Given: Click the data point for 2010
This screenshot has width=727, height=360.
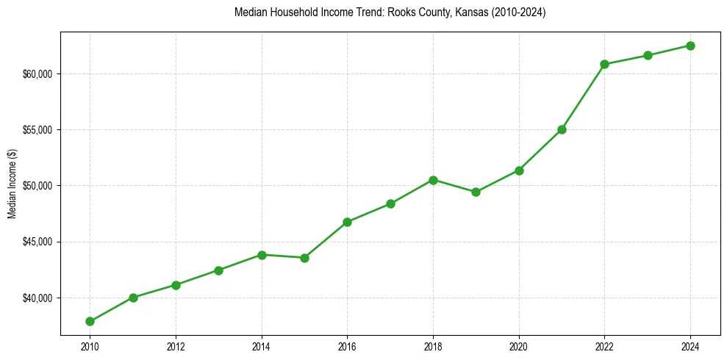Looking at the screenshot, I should (x=90, y=321).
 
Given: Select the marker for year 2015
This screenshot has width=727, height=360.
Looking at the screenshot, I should (x=304, y=258).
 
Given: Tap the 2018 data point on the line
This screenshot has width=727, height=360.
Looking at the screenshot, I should (x=433, y=180).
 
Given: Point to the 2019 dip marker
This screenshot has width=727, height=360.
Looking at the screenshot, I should (x=476, y=192).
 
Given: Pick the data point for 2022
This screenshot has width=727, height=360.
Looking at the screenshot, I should (x=604, y=64).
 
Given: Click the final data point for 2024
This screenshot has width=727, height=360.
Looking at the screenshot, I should (x=690, y=46).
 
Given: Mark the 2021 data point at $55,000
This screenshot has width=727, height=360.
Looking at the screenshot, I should (x=562, y=129).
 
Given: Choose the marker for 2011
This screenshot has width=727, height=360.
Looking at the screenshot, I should (x=133, y=298).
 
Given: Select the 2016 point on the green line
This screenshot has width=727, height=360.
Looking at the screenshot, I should (x=347, y=222).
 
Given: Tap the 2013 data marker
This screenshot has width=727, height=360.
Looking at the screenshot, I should (x=218, y=270).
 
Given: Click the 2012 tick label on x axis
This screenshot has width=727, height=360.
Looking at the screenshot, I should (x=176, y=347).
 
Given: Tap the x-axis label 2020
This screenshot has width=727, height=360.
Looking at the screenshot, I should (x=519, y=347).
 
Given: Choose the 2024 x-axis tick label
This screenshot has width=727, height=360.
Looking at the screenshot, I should (x=690, y=347).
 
